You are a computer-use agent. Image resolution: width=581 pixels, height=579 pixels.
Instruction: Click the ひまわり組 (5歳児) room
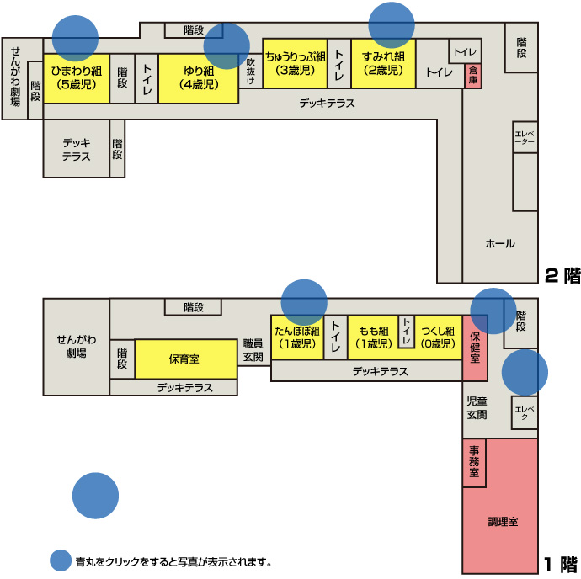pyautogui.click(x=76, y=78)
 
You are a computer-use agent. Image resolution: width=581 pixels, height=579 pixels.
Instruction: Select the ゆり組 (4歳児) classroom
pyautogui.click(x=198, y=78)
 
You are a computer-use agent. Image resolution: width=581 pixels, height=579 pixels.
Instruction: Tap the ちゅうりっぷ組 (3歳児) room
pyautogui.click(x=295, y=63)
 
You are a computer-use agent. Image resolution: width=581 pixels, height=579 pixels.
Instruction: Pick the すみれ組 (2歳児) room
pyautogui.click(x=383, y=63)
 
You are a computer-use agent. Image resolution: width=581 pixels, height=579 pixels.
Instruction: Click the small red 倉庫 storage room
pyautogui.click(x=473, y=76)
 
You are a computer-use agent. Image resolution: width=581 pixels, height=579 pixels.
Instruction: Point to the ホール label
pyautogui.click(x=499, y=244)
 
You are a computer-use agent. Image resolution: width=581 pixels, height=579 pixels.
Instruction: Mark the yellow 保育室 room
pyautogui.click(x=184, y=359)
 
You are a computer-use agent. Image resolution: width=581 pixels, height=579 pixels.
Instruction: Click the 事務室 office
pyautogui.click(x=474, y=461)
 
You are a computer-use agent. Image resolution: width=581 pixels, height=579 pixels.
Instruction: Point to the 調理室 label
pyautogui.click(x=503, y=522)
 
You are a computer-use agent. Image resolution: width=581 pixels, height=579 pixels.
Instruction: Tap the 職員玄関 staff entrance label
pyautogui.click(x=253, y=350)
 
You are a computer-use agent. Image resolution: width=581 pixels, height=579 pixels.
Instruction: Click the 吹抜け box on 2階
pyautogui.click(x=250, y=71)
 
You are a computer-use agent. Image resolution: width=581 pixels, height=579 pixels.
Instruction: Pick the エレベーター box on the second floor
pyautogui.click(x=525, y=137)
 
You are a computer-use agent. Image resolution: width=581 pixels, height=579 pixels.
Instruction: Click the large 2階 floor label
pyautogui.click(x=562, y=275)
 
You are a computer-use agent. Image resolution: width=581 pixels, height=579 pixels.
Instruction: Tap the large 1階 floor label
pyautogui.click(x=559, y=565)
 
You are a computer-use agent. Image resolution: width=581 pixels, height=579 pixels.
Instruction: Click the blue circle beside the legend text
pyautogui.click(x=61, y=561)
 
